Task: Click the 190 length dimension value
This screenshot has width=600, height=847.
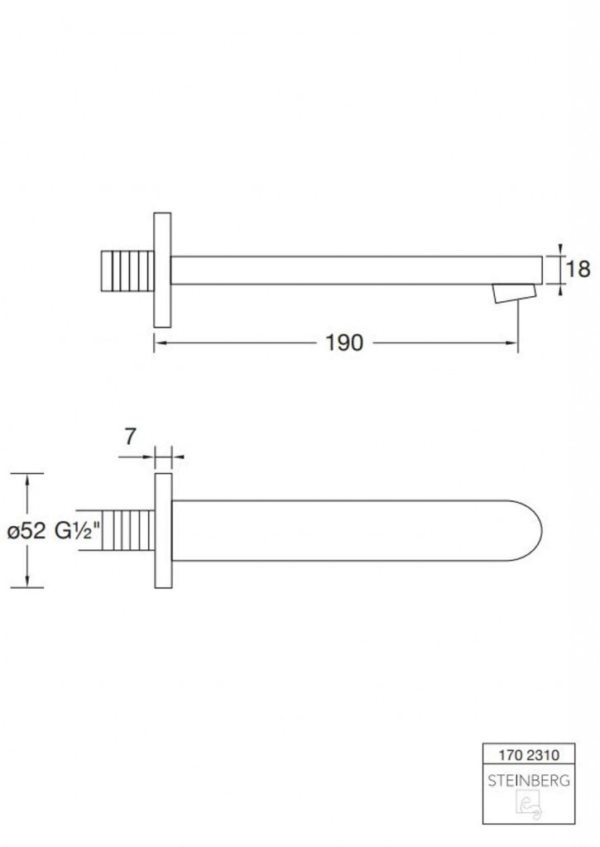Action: [x=344, y=342]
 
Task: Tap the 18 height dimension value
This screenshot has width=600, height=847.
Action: [x=578, y=269]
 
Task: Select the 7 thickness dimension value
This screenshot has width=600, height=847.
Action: [x=130, y=437]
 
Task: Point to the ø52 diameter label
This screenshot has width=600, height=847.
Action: [x=26, y=531]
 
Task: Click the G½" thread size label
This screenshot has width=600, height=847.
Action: [x=78, y=531]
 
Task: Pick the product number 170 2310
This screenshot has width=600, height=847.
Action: [x=529, y=754]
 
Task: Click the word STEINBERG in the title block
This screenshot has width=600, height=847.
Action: [x=529, y=780]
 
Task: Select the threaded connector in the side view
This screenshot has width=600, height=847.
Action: [x=127, y=270]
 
